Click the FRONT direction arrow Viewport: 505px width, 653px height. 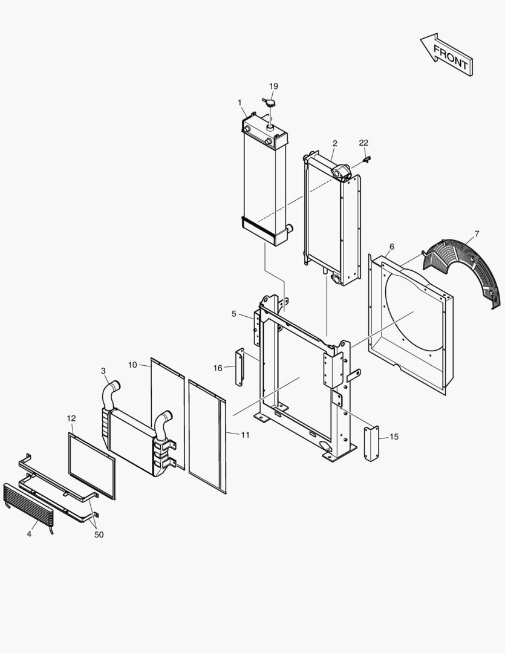(x=448, y=55)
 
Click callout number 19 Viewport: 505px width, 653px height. (x=273, y=86)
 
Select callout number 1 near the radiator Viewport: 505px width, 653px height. (x=240, y=102)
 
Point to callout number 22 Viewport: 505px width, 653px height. (x=363, y=143)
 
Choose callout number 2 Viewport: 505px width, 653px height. (x=334, y=144)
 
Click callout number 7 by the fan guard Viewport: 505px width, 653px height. (x=477, y=233)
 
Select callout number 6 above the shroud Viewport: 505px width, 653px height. (x=392, y=247)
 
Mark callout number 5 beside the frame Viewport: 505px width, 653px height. (x=234, y=313)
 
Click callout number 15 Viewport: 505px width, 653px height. (x=394, y=436)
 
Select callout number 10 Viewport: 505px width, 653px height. (x=133, y=365)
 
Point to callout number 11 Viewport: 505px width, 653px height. (x=245, y=435)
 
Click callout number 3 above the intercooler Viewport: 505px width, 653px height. (x=103, y=371)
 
